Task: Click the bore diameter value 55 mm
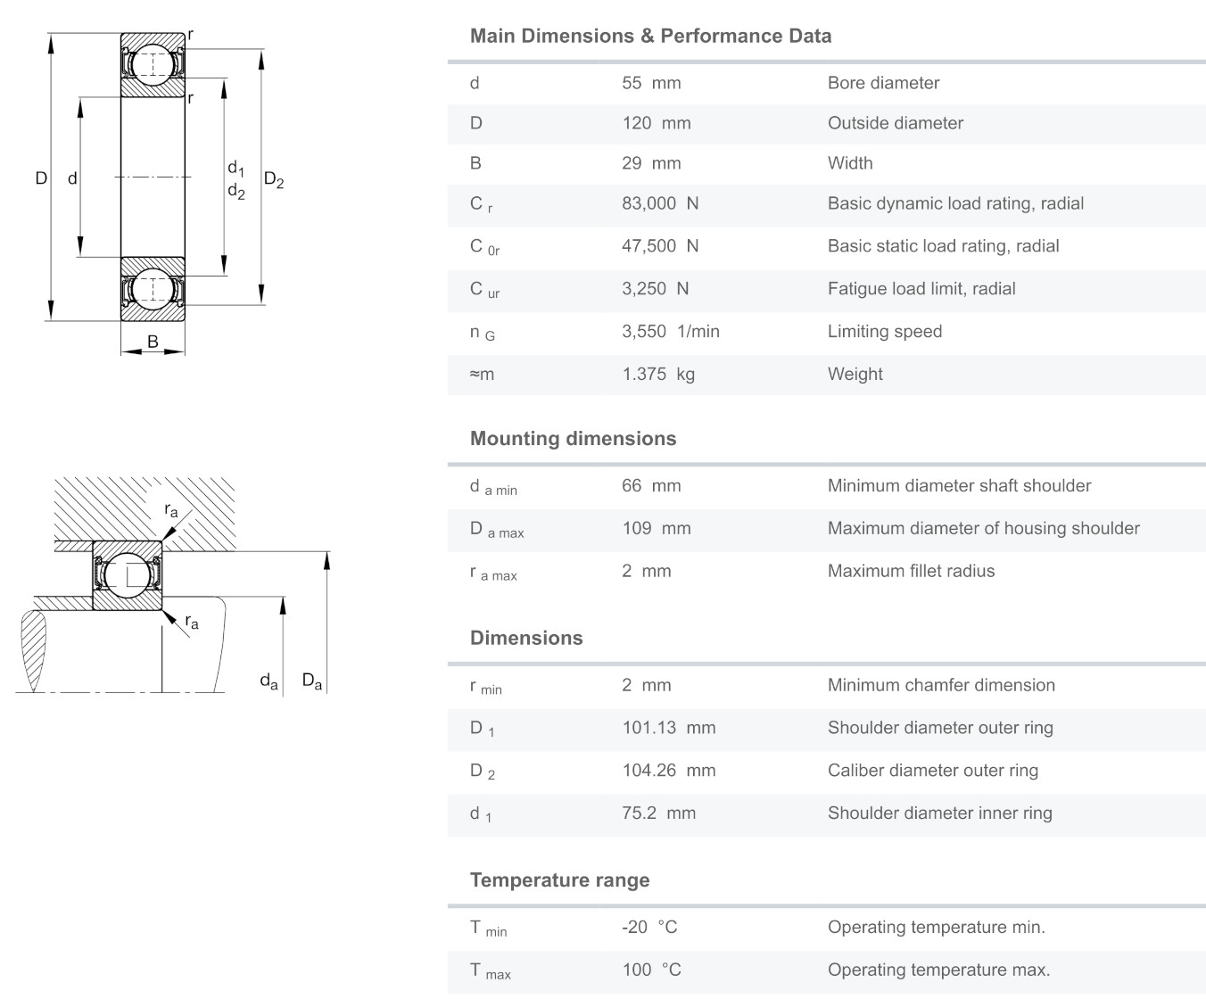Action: click(651, 83)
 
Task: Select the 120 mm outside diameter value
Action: click(656, 123)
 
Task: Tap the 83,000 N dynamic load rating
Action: click(660, 203)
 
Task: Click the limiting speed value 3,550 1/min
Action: click(670, 332)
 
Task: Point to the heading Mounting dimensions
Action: click(573, 439)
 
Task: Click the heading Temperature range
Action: click(559, 880)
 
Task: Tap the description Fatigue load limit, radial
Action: click(921, 289)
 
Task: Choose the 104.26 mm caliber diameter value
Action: click(668, 771)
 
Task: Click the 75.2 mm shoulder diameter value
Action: click(658, 813)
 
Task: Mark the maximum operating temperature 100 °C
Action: click(651, 970)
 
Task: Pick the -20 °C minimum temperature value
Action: click(649, 928)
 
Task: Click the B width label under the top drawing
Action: click(153, 342)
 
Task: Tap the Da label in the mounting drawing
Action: click(311, 681)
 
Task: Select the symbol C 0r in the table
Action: click(484, 247)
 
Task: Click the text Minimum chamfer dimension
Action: click(941, 685)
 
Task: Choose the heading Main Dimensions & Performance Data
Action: click(650, 37)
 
